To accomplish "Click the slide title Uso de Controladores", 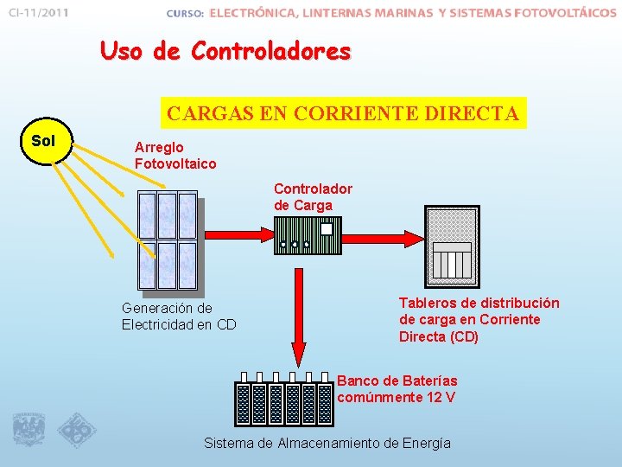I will pyautogui.click(x=225, y=52).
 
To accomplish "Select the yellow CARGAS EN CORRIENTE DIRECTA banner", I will pyautogui.click(x=343, y=113).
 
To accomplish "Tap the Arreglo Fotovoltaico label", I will pyautogui.click(x=175, y=156).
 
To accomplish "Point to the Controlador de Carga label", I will pyautogui.click(x=313, y=196).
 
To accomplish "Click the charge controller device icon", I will pyautogui.click(x=308, y=235).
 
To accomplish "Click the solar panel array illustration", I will pyautogui.click(x=168, y=240).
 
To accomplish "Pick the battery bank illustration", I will pyautogui.click(x=284, y=401).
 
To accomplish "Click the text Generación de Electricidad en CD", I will pyautogui.click(x=179, y=317).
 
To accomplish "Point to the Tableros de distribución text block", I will pyautogui.click(x=479, y=320).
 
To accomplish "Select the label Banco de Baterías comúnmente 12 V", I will pyautogui.click(x=397, y=389).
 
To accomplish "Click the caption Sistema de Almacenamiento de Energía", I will pyautogui.click(x=327, y=443).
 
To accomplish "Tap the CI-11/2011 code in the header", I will pyautogui.click(x=40, y=13).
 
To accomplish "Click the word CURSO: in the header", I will pyautogui.click(x=184, y=14).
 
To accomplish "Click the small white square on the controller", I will pyautogui.click(x=327, y=229).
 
